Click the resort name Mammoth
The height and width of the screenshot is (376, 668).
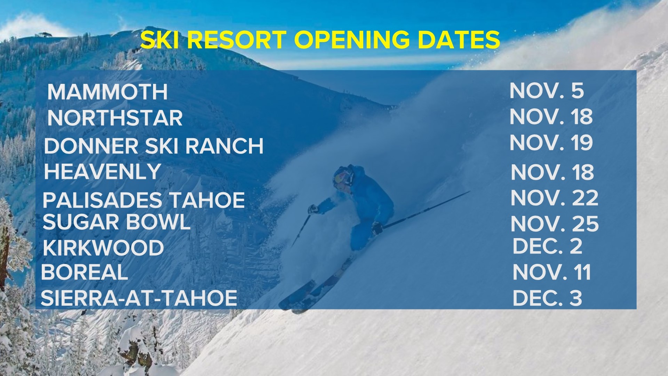pos(108,92)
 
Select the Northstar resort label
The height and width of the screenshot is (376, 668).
pos(115,118)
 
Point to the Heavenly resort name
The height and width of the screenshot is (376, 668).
pos(102,172)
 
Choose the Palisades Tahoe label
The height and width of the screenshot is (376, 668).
pos(144,200)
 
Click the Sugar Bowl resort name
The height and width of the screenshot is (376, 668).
pos(117,222)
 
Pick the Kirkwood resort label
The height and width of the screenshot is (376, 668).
pos(103,248)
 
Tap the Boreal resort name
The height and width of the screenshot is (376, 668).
pos(85,272)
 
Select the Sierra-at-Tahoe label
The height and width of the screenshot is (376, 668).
pos(139,298)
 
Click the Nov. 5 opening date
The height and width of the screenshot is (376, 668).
pos(546,91)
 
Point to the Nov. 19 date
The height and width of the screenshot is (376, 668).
pos(551,143)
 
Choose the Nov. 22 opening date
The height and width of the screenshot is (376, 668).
pos(554,198)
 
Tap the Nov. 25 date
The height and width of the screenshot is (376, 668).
pos(555,224)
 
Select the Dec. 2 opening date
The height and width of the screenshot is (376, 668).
pos(547,246)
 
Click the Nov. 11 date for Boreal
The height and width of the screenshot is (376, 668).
pos(552,272)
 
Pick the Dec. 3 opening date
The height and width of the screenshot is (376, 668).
pos(547,298)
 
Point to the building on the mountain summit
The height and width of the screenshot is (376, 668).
pos(45,35)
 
